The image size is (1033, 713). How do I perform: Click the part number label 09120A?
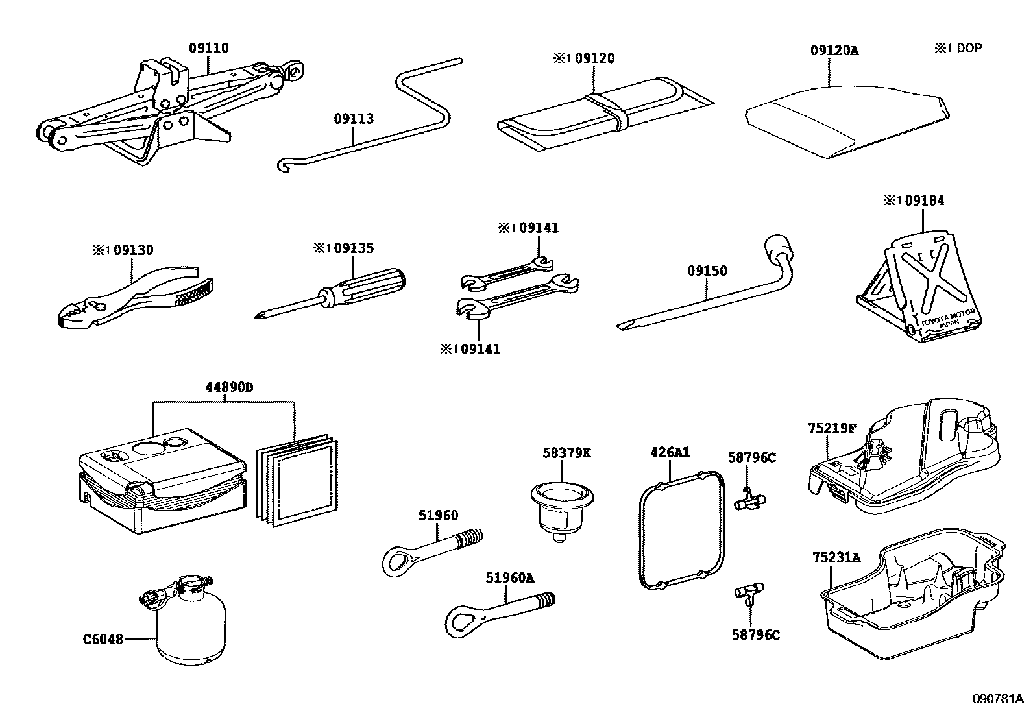coord(834,50)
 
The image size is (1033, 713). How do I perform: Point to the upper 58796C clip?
coord(750,501)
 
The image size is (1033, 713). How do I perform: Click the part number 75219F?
coord(832,428)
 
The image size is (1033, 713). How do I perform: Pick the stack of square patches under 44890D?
coord(298,480)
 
